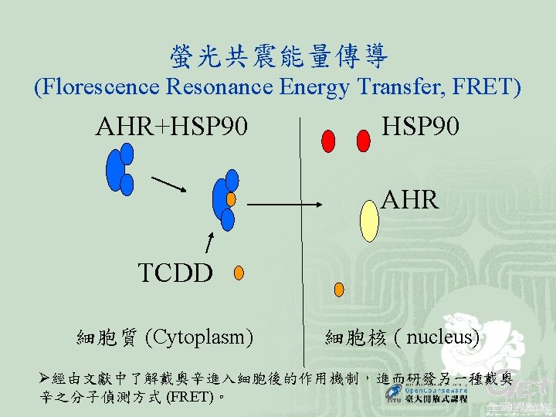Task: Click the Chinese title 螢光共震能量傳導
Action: pos(278,55)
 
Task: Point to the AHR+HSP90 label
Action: pos(171,127)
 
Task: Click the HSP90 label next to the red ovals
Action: pos(421,127)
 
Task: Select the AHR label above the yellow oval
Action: pos(410,200)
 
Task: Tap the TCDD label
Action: pos(175,273)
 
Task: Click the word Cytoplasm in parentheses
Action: pos(204,337)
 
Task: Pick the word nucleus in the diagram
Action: pos(441,337)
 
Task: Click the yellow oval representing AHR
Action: pos(370,222)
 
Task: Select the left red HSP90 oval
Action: pos(328,141)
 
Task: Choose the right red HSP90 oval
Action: pos(364,141)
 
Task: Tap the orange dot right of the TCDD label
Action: pos(239,272)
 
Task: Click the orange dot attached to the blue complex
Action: pos(230,198)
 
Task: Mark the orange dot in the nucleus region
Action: pos(337,290)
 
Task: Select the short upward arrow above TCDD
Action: pos(208,242)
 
